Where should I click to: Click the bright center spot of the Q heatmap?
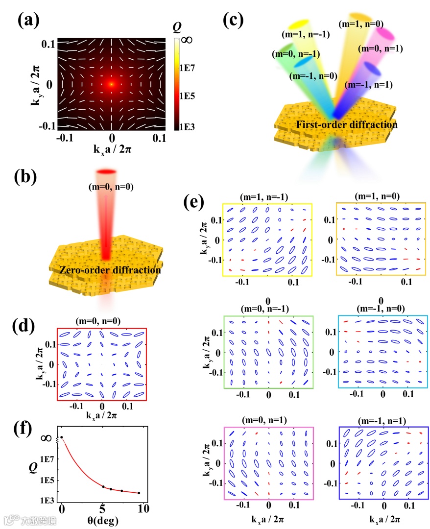(x=112, y=84)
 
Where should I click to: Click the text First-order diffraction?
(x=347, y=125)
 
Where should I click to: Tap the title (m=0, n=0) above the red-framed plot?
(x=101, y=322)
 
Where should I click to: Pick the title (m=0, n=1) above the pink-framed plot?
(x=268, y=421)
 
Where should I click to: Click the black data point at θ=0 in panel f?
(x=61, y=437)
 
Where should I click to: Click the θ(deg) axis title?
(x=103, y=520)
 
